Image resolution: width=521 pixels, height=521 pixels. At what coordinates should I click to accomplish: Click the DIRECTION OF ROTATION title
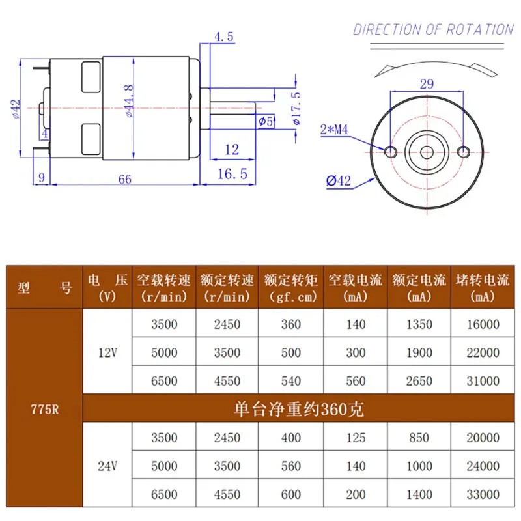433,29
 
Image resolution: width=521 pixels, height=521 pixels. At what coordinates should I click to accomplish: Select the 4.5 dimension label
223,37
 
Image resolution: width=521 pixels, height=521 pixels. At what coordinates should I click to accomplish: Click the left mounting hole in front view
391,151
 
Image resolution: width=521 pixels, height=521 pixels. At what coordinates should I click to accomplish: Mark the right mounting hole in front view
463,151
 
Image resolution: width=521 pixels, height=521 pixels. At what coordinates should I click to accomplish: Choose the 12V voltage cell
107,352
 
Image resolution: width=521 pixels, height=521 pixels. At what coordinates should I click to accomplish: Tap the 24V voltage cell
107,465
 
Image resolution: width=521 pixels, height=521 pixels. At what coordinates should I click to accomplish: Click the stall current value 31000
483,380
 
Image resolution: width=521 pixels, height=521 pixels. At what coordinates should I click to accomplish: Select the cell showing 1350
419,324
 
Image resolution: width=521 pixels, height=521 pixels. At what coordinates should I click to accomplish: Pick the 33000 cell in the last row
483,494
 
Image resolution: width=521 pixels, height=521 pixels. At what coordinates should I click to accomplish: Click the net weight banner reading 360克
298,410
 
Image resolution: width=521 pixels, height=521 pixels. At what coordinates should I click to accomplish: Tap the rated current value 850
419,438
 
